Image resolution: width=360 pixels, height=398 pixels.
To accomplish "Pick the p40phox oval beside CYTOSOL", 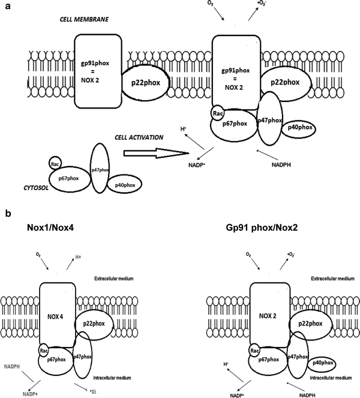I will coord(123,183).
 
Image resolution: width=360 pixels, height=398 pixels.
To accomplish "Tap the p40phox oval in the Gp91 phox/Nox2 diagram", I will coord(322,363).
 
